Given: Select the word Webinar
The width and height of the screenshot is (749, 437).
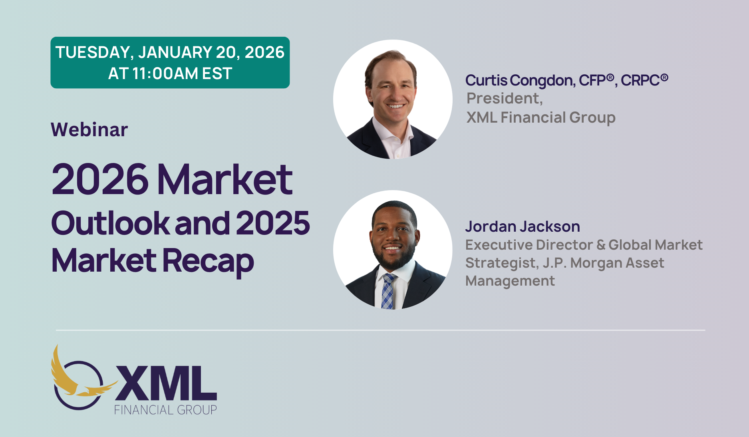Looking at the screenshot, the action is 89,129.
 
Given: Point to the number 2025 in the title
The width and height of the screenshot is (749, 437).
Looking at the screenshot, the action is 273,223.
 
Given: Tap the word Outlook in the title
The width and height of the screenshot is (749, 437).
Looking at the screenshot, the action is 111,223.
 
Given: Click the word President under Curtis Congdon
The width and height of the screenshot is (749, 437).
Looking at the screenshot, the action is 505,98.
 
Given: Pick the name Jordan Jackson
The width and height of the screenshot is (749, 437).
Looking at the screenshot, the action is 523,226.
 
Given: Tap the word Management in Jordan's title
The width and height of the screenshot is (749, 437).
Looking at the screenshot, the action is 510,281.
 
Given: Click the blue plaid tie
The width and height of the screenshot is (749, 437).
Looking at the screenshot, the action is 387,292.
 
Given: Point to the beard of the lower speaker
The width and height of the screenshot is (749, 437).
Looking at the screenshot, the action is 394,258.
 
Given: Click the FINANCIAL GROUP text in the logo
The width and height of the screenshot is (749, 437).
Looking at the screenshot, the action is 165,410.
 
